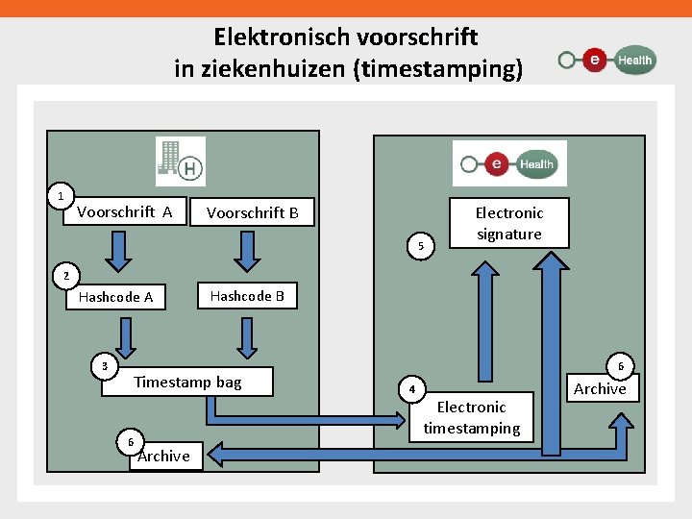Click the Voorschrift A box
pyautogui.click(x=125, y=212)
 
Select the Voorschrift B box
pyautogui.click(x=252, y=212)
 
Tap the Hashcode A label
pyautogui.click(x=115, y=297)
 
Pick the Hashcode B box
pyautogui.click(x=247, y=296)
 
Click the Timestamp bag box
pyautogui.click(x=187, y=383)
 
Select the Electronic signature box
pyautogui.click(x=508, y=223)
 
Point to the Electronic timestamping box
pyautogui.click(x=471, y=418)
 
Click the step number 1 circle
pyautogui.click(x=61, y=196)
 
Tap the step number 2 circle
pyautogui.click(x=65, y=277)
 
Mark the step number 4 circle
pyautogui.click(x=411, y=390)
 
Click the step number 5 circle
pyautogui.click(x=421, y=247)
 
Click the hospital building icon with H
pyautogui.click(x=181, y=161)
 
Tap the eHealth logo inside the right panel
pyautogui.click(x=509, y=163)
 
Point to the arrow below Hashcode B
pyautogui.click(x=248, y=337)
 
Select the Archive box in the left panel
pyautogui.click(x=163, y=456)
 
